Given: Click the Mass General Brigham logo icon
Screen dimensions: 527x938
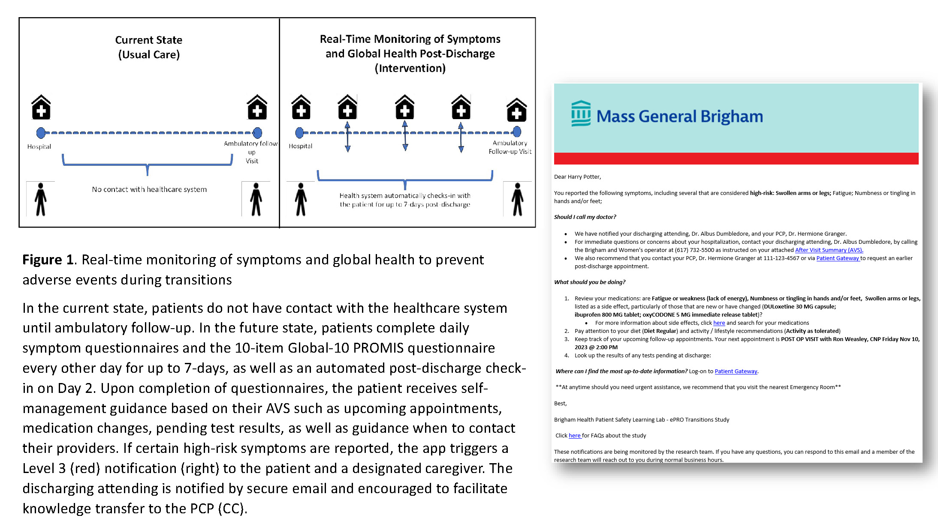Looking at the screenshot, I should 581,114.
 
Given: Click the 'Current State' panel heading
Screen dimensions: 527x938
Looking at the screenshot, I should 148,40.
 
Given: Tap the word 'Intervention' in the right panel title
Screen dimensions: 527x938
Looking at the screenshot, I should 410,69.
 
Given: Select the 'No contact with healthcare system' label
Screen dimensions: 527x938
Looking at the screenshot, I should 149,189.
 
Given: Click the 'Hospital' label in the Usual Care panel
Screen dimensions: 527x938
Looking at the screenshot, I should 39,147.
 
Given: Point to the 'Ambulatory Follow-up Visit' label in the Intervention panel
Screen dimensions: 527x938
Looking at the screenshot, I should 510,147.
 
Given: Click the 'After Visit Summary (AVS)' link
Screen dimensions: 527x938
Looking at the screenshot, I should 829,250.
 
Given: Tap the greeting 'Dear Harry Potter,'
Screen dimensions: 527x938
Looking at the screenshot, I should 577,177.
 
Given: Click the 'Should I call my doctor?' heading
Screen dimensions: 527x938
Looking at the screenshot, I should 585,217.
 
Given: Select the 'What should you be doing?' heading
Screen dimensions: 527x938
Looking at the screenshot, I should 590,282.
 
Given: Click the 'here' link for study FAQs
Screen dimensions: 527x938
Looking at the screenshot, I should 574,436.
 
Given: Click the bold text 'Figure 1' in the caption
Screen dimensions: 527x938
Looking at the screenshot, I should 48,260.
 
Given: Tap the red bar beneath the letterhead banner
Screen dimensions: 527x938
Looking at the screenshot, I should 736,159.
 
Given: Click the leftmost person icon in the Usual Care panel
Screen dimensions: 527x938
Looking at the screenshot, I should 41,199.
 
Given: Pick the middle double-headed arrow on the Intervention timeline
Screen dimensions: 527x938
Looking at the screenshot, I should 405,136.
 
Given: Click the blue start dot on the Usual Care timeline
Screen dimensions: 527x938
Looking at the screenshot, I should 41,133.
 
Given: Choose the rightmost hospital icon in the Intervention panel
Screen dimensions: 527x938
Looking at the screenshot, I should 516,110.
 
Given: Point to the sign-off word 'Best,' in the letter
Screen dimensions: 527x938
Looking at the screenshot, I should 560,404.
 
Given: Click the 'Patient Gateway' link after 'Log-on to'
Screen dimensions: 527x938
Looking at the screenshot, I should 736,371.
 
